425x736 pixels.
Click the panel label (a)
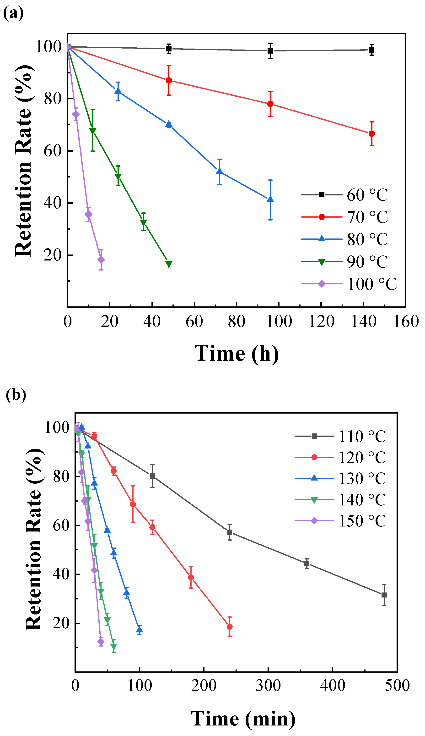13,13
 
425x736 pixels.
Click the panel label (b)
16,395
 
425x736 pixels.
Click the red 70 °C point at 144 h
371,133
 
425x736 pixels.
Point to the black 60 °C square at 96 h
270,50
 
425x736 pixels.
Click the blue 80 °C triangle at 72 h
219,172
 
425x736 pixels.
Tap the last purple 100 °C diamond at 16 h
101,260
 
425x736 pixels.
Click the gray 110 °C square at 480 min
384,595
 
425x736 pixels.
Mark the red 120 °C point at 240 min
230,627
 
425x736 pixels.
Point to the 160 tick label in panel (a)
406,321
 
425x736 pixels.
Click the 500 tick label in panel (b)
397,686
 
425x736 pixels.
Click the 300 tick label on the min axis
268,686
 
